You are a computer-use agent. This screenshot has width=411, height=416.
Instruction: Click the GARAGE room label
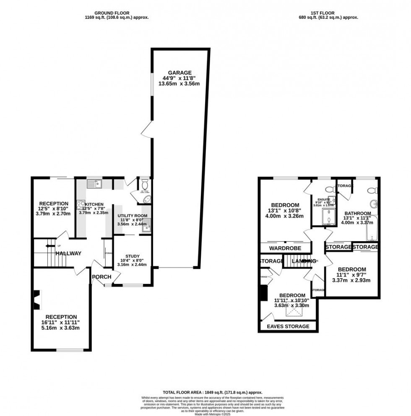(180, 72)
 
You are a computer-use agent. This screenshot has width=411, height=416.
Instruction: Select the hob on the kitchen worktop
(81, 205)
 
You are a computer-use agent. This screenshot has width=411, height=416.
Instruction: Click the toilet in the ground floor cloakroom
(145, 184)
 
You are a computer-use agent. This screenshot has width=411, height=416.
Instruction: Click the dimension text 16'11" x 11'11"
(61, 322)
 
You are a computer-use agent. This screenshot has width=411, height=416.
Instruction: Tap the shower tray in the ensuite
(327, 218)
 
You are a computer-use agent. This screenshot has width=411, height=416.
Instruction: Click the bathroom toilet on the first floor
(371, 191)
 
